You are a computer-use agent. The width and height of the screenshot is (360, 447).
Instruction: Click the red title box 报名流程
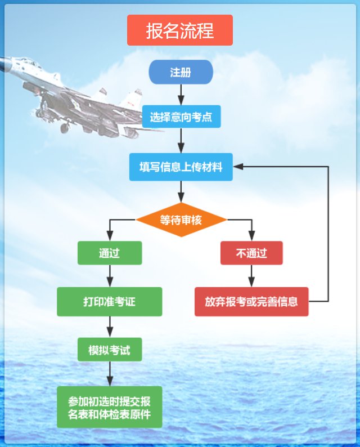(x=179, y=30)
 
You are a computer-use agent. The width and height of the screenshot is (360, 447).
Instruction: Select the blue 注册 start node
(x=181, y=72)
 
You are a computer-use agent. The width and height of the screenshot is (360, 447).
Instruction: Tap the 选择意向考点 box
(x=181, y=117)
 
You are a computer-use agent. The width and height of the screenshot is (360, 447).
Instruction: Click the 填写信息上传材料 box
(x=181, y=167)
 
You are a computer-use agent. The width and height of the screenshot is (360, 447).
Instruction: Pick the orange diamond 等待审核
(x=181, y=220)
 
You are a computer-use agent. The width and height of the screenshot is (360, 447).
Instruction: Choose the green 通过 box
(x=109, y=253)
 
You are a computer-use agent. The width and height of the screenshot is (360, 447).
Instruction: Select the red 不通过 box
(x=251, y=253)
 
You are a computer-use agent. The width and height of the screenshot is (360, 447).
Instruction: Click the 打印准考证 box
(x=109, y=302)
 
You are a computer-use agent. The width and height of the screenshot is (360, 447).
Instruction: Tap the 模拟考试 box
(x=109, y=350)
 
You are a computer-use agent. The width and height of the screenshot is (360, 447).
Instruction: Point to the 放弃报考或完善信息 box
(x=251, y=302)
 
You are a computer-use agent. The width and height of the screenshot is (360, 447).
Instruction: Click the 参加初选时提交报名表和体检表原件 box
(x=109, y=407)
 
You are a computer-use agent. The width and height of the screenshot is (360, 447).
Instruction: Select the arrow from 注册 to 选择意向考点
(x=181, y=95)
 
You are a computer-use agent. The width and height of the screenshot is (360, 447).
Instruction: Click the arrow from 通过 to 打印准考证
(x=109, y=276)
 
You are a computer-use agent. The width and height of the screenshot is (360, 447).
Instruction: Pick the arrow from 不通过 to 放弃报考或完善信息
(x=251, y=276)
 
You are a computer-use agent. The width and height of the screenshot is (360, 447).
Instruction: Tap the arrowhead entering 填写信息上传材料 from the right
(x=238, y=167)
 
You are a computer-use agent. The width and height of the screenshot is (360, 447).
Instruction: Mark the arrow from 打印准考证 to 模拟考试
(x=109, y=327)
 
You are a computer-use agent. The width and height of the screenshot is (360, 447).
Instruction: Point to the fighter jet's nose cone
(x=2, y=62)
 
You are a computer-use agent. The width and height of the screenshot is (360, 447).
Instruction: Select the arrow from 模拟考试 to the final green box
(x=109, y=374)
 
